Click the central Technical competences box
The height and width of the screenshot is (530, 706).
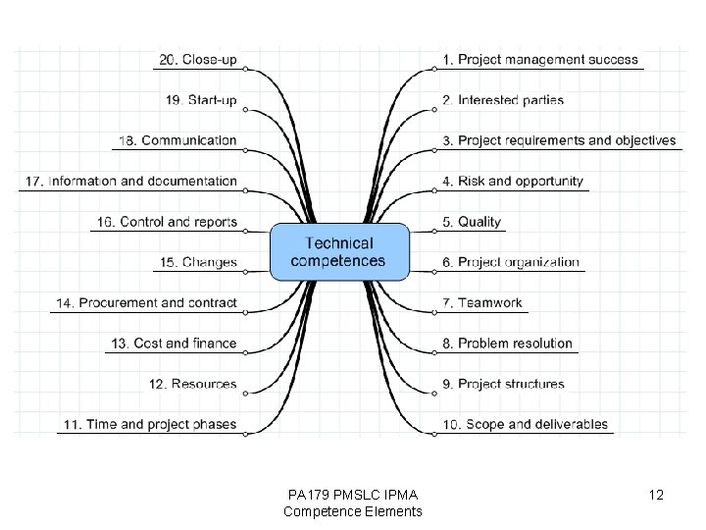(x=338, y=252)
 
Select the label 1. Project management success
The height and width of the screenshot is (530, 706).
(x=540, y=60)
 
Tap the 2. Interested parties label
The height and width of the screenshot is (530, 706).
(x=503, y=100)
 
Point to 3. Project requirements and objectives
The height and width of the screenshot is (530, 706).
(x=559, y=140)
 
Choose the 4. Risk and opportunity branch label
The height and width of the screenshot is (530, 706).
(x=513, y=182)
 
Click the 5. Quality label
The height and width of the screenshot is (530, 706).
(x=472, y=222)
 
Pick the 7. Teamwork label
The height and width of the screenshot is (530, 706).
(x=482, y=303)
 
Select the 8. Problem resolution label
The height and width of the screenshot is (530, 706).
(x=507, y=344)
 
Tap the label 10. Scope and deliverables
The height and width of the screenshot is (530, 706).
(x=525, y=425)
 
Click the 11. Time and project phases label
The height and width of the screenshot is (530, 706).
(x=149, y=425)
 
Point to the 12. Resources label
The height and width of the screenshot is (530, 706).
(x=193, y=384)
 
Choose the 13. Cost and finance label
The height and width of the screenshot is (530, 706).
(x=174, y=344)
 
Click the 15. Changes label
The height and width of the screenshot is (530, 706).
(x=197, y=262)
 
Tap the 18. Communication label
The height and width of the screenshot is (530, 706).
(x=177, y=140)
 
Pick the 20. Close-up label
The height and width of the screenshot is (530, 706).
(x=198, y=60)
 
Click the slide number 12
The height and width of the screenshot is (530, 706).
(x=656, y=496)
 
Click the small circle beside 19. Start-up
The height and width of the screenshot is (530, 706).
(x=245, y=110)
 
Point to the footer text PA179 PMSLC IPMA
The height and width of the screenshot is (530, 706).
(x=352, y=495)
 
